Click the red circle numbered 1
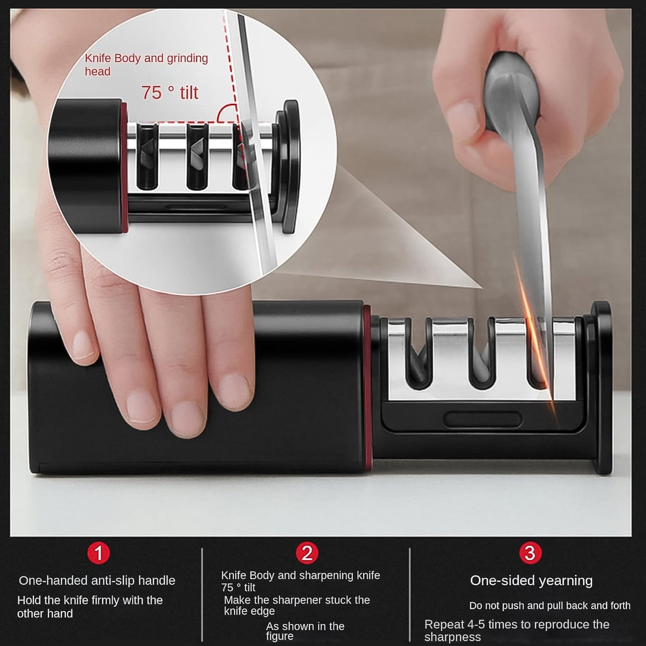(x=99, y=553)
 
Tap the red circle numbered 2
(x=307, y=553)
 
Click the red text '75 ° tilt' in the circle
(x=170, y=93)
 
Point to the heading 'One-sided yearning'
(x=531, y=580)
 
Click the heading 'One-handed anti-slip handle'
(x=97, y=580)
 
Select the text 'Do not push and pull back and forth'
(x=549, y=606)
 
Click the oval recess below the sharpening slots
(x=483, y=420)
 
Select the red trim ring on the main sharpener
(x=367, y=389)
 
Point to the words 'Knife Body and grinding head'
(x=146, y=64)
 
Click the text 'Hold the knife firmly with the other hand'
(x=90, y=607)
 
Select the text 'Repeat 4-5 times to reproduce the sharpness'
(x=516, y=630)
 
